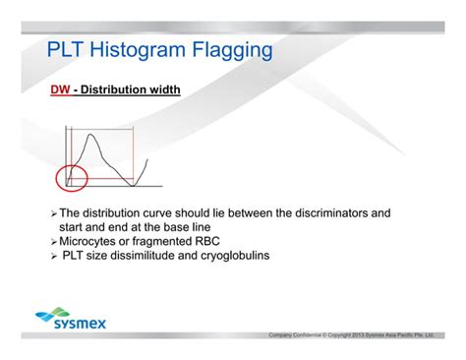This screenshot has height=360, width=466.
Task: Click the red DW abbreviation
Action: (60, 90)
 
